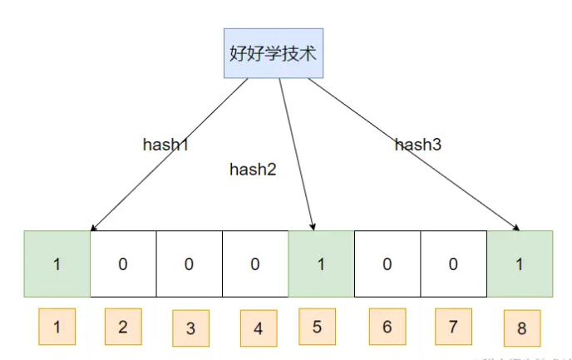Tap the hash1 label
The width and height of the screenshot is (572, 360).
[166, 144]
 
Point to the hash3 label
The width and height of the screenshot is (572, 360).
[417, 145]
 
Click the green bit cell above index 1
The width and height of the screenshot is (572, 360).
[57, 264]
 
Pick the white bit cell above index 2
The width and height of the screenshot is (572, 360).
[123, 264]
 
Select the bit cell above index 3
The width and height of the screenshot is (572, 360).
[189, 264]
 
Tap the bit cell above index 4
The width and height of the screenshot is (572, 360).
[255, 264]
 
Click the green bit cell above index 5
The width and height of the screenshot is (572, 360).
[321, 264]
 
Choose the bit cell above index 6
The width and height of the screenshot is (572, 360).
[387, 264]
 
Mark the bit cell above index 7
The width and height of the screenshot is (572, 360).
[454, 264]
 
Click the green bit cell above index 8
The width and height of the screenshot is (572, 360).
[520, 264]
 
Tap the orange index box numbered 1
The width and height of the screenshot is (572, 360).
[57, 327]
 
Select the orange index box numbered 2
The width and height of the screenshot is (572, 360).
[123, 326]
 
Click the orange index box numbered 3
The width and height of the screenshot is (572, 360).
[190, 328]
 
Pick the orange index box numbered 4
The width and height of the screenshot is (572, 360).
[259, 328]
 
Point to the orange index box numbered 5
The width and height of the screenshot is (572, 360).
[318, 326]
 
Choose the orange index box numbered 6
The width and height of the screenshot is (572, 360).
[387, 326]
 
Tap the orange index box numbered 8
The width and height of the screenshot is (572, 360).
[521, 328]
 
